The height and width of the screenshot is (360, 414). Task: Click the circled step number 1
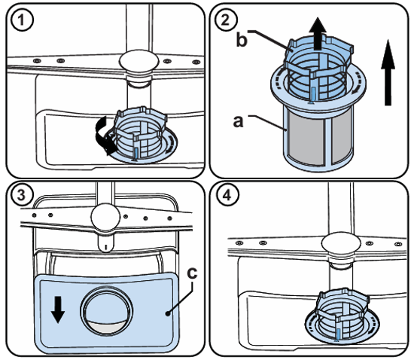point(22,20)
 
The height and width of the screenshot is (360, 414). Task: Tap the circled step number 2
point(226,20)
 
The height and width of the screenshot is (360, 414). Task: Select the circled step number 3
point(22,196)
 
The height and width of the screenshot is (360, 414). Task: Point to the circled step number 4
point(227,196)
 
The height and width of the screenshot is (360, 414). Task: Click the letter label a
point(238,121)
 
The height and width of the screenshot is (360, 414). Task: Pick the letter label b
point(242,40)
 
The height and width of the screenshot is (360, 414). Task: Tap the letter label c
point(192,273)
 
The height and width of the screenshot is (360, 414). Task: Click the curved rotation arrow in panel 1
point(105,136)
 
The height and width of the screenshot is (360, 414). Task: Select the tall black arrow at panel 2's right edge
point(388,72)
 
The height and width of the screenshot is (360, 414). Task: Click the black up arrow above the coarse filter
point(318,34)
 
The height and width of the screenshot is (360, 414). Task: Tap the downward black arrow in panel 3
point(58,310)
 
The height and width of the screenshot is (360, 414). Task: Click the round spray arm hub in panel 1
point(139,61)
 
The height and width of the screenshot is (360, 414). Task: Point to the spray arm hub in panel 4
point(341,243)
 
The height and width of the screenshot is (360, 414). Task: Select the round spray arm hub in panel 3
point(105,217)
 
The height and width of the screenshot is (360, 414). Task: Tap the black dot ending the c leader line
point(168,313)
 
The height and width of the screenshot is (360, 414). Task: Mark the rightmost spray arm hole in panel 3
point(170,218)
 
